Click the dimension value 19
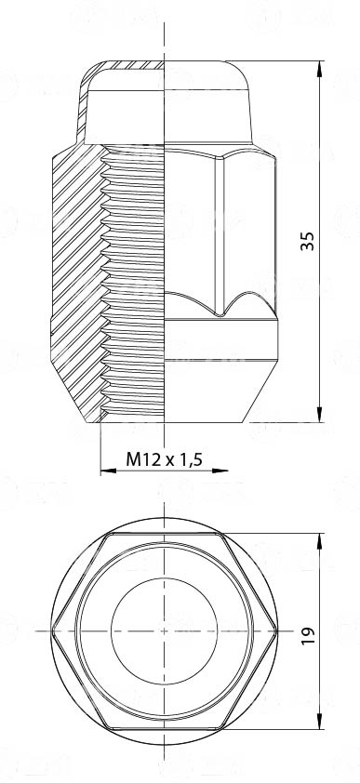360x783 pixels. pyautogui.click(x=309, y=635)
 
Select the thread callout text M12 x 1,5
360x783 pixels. pyautogui.click(x=164, y=458)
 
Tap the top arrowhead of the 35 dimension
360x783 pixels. pyautogui.click(x=320, y=69)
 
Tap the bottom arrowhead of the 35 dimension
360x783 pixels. pyautogui.click(x=320, y=414)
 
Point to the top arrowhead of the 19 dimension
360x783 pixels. pyautogui.click(x=320, y=541)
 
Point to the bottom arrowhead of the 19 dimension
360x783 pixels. pyautogui.click(x=320, y=722)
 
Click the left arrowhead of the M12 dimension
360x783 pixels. pyautogui.click(x=108, y=471)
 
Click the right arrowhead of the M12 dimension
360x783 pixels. pyautogui.click(x=220, y=471)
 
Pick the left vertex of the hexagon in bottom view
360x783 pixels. pyautogui.click(x=52, y=631)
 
